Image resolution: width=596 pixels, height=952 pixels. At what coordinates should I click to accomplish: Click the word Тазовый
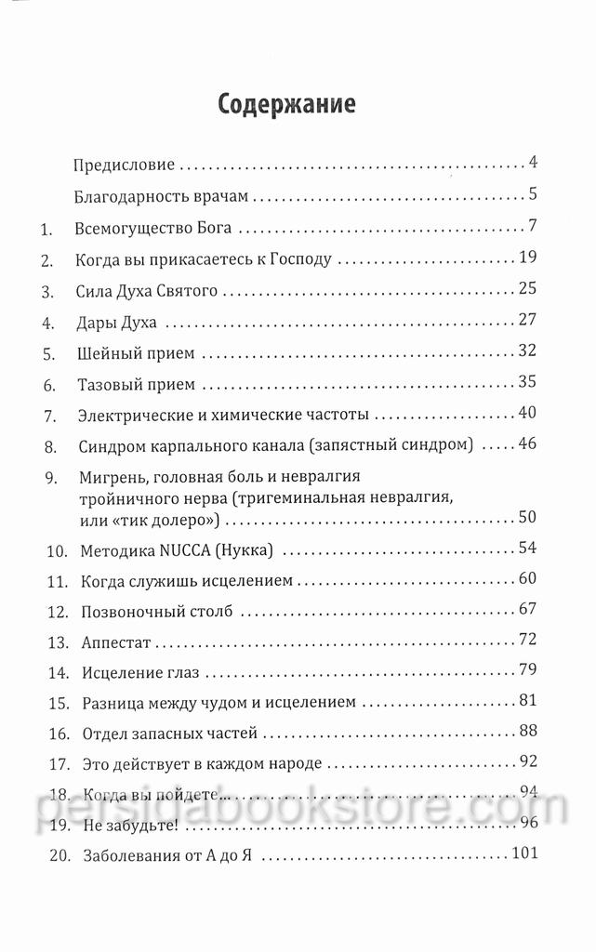(x=106, y=385)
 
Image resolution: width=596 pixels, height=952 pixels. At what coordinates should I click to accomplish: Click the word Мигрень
(x=110, y=478)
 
